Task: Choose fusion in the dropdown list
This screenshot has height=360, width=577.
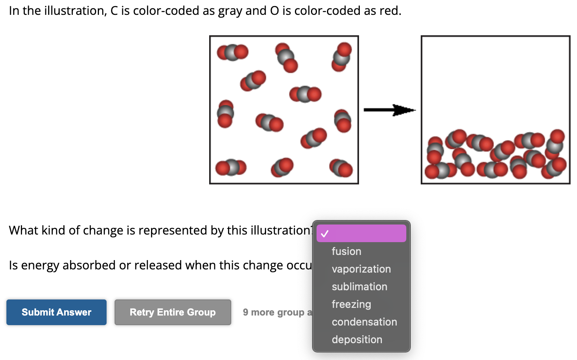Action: click(346, 251)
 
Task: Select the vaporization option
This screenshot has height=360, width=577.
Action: click(361, 269)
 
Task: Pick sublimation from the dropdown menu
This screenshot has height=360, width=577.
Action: click(359, 287)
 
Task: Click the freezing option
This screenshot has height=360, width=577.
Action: click(351, 304)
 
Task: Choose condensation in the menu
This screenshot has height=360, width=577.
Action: click(364, 322)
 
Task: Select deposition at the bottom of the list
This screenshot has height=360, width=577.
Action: click(357, 340)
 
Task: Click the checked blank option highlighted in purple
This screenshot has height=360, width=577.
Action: click(361, 233)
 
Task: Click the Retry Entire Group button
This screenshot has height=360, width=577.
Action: click(173, 312)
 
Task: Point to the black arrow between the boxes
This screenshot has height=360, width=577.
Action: click(389, 110)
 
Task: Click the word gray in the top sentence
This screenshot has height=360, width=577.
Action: click(230, 11)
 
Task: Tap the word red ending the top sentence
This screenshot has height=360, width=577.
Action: click(389, 11)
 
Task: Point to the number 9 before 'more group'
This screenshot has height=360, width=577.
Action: click(245, 312)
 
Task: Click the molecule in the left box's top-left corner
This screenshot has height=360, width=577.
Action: click(232, 52)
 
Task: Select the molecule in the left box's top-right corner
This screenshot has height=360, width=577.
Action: click(341, 57)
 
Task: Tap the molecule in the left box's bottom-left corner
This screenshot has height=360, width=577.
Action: click(230, 168)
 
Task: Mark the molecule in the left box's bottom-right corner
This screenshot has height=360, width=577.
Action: click(341, 168)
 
